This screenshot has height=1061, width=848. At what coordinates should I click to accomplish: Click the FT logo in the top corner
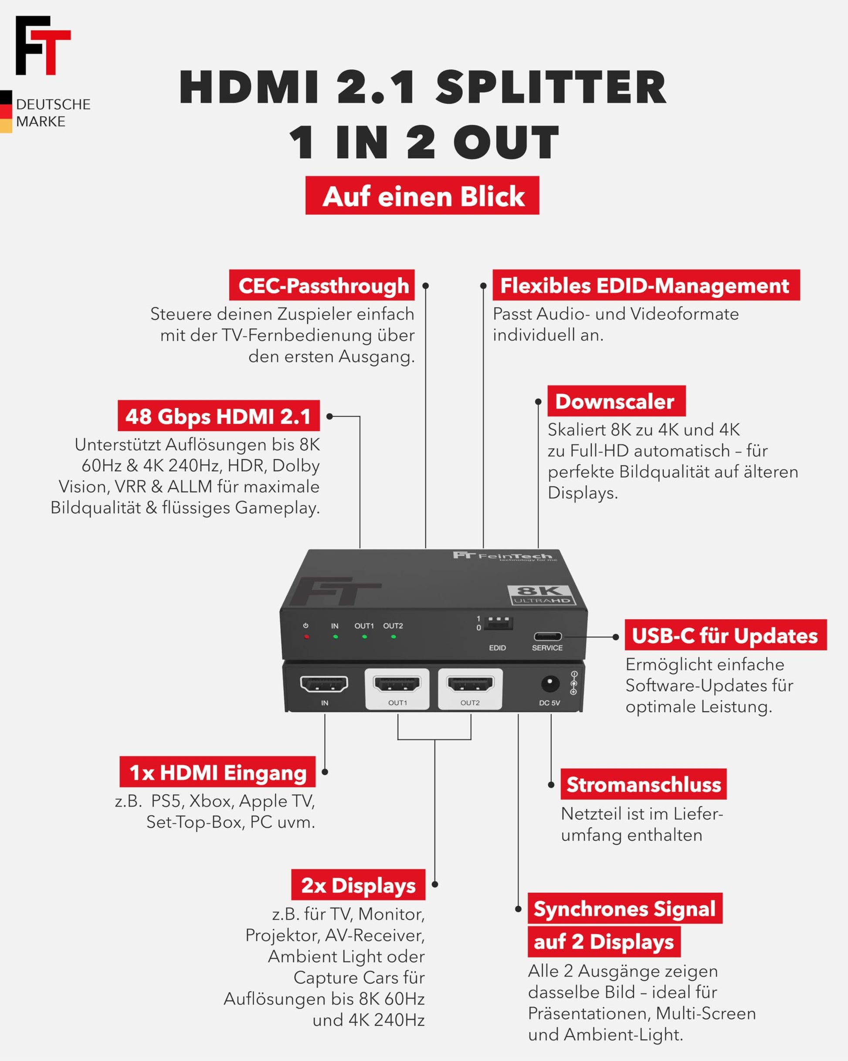43,45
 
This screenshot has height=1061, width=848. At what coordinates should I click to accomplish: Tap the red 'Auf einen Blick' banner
422,195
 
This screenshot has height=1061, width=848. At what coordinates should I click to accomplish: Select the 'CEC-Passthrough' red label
322,285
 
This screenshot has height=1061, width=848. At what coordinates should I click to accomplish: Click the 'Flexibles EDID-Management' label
646,285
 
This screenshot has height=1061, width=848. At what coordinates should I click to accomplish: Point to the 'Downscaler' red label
617,401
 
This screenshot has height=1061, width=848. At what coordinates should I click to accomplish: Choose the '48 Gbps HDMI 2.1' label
219,416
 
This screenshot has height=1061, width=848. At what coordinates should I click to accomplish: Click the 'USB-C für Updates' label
726,635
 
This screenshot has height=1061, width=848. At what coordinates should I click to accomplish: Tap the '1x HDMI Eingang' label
217,771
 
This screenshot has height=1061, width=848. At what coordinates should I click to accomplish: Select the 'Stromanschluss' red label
643,784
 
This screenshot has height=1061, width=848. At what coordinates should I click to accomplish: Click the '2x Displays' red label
358,884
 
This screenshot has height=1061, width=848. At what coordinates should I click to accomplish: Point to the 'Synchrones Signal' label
625,908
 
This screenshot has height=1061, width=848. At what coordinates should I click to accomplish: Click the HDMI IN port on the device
324,683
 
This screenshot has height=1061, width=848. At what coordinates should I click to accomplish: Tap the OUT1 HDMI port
397,683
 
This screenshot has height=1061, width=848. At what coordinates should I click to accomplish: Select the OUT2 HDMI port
470,683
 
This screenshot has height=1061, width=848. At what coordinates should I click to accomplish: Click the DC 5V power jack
550,683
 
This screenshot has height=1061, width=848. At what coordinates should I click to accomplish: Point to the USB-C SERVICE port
547,636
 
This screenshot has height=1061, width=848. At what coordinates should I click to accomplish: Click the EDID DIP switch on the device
498,623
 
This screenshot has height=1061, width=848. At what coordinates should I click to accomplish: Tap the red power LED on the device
306,637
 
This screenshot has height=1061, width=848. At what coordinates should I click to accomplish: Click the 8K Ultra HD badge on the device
541,594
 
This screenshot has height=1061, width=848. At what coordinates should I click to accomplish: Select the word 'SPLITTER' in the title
551,87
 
